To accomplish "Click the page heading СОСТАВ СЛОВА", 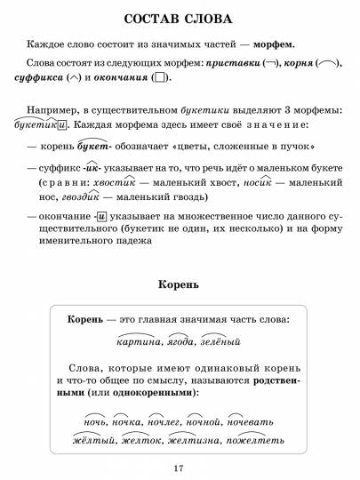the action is (179, 20).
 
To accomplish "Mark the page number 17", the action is (179, 468).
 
